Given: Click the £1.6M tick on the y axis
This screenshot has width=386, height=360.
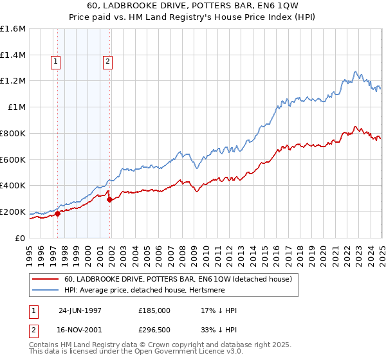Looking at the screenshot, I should (13, 29).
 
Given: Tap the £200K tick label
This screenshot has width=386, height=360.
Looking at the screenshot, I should (13, 212).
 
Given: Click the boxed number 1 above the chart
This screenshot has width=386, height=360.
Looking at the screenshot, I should (56, 62).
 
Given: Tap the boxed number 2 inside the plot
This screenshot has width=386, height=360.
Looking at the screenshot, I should (107, 62).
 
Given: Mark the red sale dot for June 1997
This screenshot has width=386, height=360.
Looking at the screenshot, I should (58, 213).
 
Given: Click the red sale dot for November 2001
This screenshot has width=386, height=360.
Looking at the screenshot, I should (110, 199).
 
